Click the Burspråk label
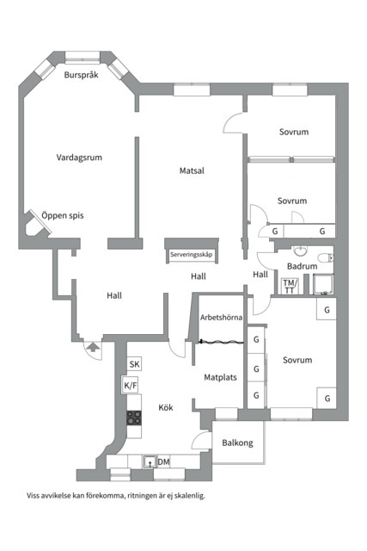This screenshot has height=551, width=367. click(x=81, y=75)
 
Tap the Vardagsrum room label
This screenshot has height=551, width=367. click(x=79, y=158)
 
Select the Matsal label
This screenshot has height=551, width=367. click(x=192, y=170)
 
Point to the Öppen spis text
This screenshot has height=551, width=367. click(x=63, y=215)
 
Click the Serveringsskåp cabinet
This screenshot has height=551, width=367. click(x=192, y=255)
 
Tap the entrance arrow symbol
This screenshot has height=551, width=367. click(x=93, y=347)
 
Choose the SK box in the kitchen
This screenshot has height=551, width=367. click(x=134, y=364)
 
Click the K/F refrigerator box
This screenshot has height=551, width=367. click(x=130, y=385)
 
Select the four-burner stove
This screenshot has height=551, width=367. click(x=134, y=418)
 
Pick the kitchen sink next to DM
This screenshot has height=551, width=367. click(x=150, y=461)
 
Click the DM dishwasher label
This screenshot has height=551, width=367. click(x=163, y=461)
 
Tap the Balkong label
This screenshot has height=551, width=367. click(x=237, y=443)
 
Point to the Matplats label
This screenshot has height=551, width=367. click(x=220, y=377)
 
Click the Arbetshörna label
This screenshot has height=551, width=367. click(x=221, y=318)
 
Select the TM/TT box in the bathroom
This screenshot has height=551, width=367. click(x=290, y=286)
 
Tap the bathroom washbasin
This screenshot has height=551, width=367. click(x=300, y=251)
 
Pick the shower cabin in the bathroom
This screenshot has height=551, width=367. click(x=323, y=284)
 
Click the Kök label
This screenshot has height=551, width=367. click(x=166, y=407)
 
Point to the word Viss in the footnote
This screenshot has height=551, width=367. click(x=33, y=496)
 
